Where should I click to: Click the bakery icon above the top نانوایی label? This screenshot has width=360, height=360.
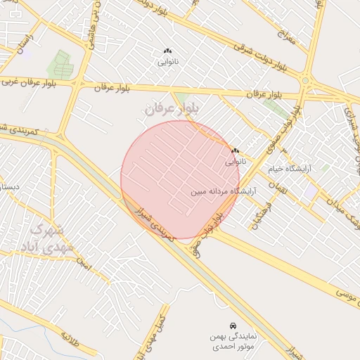click(x=167, y=51)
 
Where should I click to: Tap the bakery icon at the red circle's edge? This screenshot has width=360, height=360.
click(x=235, y=150)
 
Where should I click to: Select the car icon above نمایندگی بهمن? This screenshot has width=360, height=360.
click(x=233, y=326)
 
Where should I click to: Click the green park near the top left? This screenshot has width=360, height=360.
click(x=60, y=65)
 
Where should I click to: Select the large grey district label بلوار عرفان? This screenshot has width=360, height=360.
click(x=173, y=108)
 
